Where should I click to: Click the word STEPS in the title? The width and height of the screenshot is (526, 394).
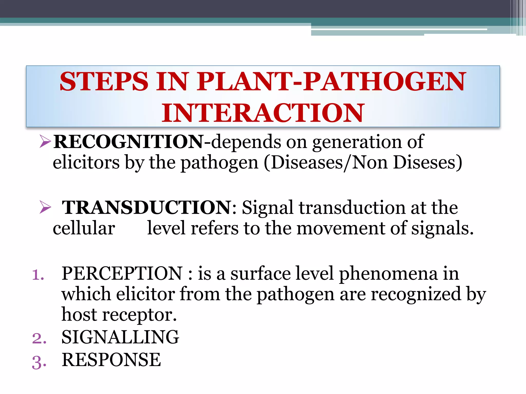(104, 82)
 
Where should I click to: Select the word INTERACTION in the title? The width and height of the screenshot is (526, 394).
(262, 113)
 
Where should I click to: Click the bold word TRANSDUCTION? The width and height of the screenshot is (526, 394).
(147, 207)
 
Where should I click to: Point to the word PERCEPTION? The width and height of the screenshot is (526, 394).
(122, 273)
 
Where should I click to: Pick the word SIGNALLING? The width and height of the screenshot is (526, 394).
(120, 337)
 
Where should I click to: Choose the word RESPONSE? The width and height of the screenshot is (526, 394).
(111, 360)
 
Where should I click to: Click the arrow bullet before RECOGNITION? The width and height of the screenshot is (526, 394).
(45, 142)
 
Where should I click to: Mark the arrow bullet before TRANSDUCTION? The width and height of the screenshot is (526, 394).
(45, 207)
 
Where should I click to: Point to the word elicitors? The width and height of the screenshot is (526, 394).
(86, 163)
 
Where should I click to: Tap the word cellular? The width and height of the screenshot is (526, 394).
(84, 228)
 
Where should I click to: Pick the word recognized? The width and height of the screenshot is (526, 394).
(416, 294)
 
